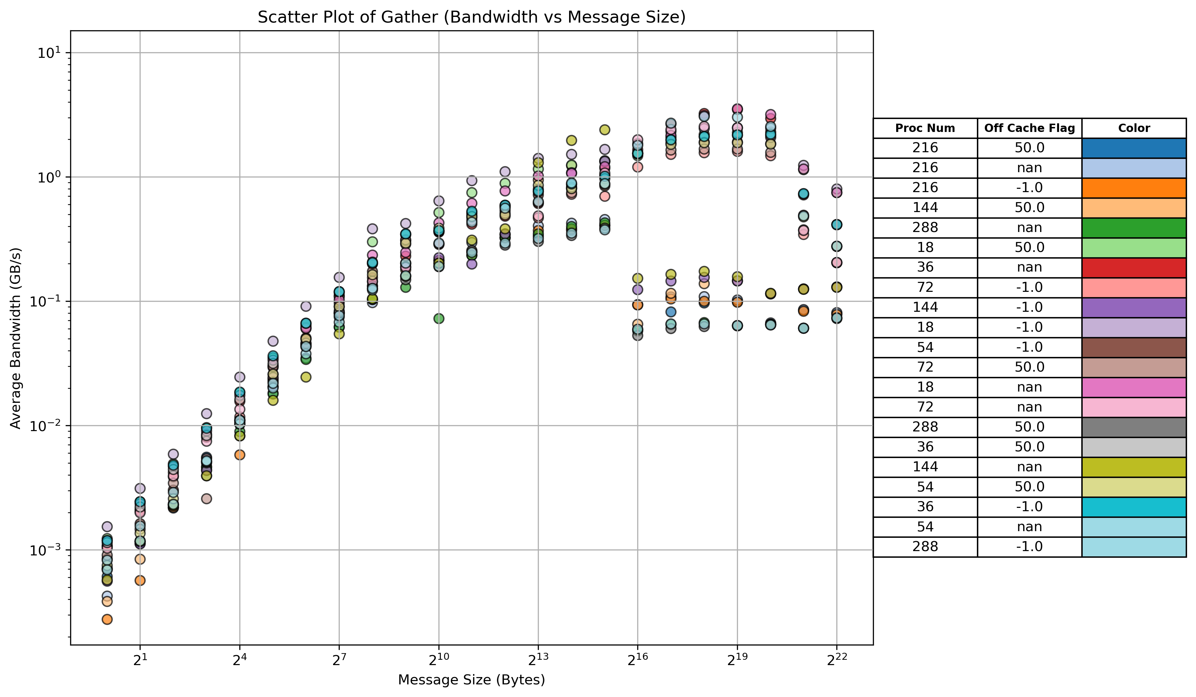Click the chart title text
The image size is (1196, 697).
click(471, 17)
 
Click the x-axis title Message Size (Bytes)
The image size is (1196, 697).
click(471, 680)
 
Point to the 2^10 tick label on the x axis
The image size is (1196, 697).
click(438, 660)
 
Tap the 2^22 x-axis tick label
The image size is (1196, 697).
click(836, 660)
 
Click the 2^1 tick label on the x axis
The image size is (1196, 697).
click(140, 660)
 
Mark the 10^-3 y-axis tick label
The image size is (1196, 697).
click(45, 550)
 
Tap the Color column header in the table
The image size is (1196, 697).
click(1134, 128)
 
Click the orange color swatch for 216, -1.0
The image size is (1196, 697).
click(1134, 188)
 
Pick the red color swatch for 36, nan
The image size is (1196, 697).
click(1134, 268)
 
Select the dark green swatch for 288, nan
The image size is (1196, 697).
click(1134, 228)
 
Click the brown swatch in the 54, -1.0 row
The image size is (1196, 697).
click(1134, 347)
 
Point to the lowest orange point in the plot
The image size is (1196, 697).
click(107, 619)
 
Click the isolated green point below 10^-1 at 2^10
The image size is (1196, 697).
click(438, 318)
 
